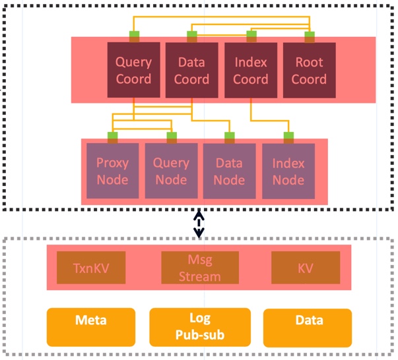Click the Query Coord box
[133, 71]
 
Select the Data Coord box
[191, 71]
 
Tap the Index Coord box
[250, 71]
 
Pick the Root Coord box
[308, 71]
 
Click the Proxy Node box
[113, 171]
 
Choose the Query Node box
[171, 171]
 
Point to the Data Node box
[230, 171]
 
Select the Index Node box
[288, 171]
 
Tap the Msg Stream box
[200, 268]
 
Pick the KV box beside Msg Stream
[306, 268]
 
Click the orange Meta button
[91, 322]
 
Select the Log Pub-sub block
[200, 326]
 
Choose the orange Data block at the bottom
[309, 322]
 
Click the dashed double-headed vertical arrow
[198, 224]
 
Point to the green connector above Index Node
[288, 137]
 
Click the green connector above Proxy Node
[113, 137]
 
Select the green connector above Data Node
[230, 137]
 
